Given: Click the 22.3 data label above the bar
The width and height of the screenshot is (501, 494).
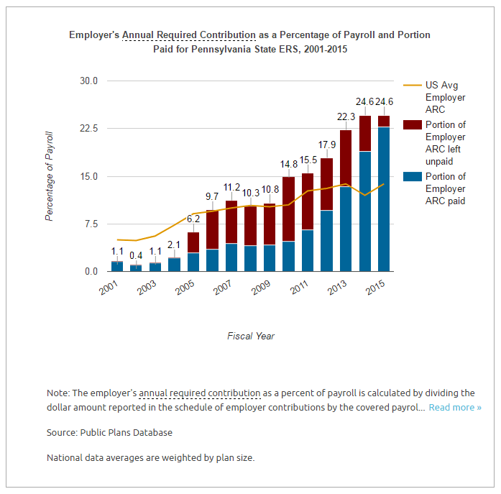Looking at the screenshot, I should click(x=346, y=117).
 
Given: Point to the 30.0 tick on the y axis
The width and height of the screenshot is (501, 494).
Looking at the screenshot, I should click(x=88, y=81).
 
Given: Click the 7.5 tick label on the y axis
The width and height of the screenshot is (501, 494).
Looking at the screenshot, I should click(x=91, y=224).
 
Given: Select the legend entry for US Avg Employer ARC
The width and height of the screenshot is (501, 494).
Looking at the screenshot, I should click(x=445, y=97).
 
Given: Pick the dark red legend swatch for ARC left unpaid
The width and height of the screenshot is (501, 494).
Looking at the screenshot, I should click(x=413, y=125).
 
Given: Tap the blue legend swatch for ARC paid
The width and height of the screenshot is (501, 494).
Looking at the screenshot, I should click(x=413, y=177).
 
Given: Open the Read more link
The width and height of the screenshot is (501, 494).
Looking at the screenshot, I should click(x=455, y=408).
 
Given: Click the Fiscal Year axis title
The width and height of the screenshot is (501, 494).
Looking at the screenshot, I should click(x=251, y=336).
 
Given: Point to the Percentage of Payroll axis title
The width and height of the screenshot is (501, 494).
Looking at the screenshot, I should click(x=50, y=175).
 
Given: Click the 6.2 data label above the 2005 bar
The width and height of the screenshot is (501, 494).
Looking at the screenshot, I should click(x=193, y=219).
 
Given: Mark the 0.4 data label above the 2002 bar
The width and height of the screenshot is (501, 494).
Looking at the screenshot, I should click(x=136, y=255).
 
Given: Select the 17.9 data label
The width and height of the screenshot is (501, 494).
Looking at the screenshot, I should click(x=327, y=145).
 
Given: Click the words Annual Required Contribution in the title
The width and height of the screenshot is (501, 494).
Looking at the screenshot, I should click(x=188, y=35).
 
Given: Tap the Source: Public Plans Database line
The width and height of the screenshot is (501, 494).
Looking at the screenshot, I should click(x=109, y=432).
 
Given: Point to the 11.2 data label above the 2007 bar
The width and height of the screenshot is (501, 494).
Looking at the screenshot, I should click(x=231, y=188).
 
